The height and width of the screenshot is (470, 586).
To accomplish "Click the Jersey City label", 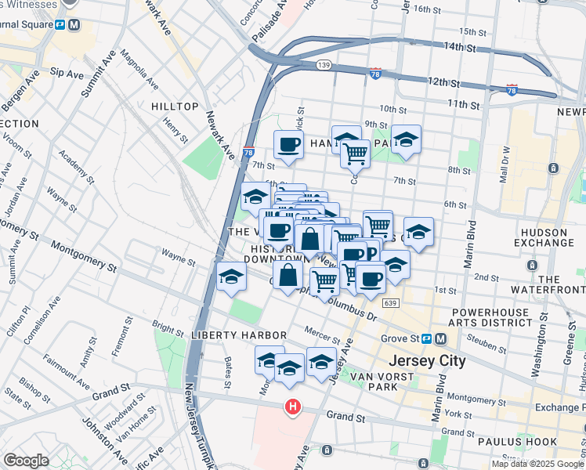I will (428, 361).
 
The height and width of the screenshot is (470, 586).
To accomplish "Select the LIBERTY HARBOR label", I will (224, 334).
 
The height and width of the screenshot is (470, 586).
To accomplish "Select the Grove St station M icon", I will (440, 339).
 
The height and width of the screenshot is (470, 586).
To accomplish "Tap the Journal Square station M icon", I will (74, 24).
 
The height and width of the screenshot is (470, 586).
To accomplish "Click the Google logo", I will (27, 461).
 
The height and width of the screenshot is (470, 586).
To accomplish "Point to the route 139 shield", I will (323, 64).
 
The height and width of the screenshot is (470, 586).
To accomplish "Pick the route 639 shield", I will (390, 302).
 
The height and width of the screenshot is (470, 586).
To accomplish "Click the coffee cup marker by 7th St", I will (288, 145).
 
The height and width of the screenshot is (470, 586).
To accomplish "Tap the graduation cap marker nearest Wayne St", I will (232, 277).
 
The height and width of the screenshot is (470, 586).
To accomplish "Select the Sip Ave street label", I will (67, 73).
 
